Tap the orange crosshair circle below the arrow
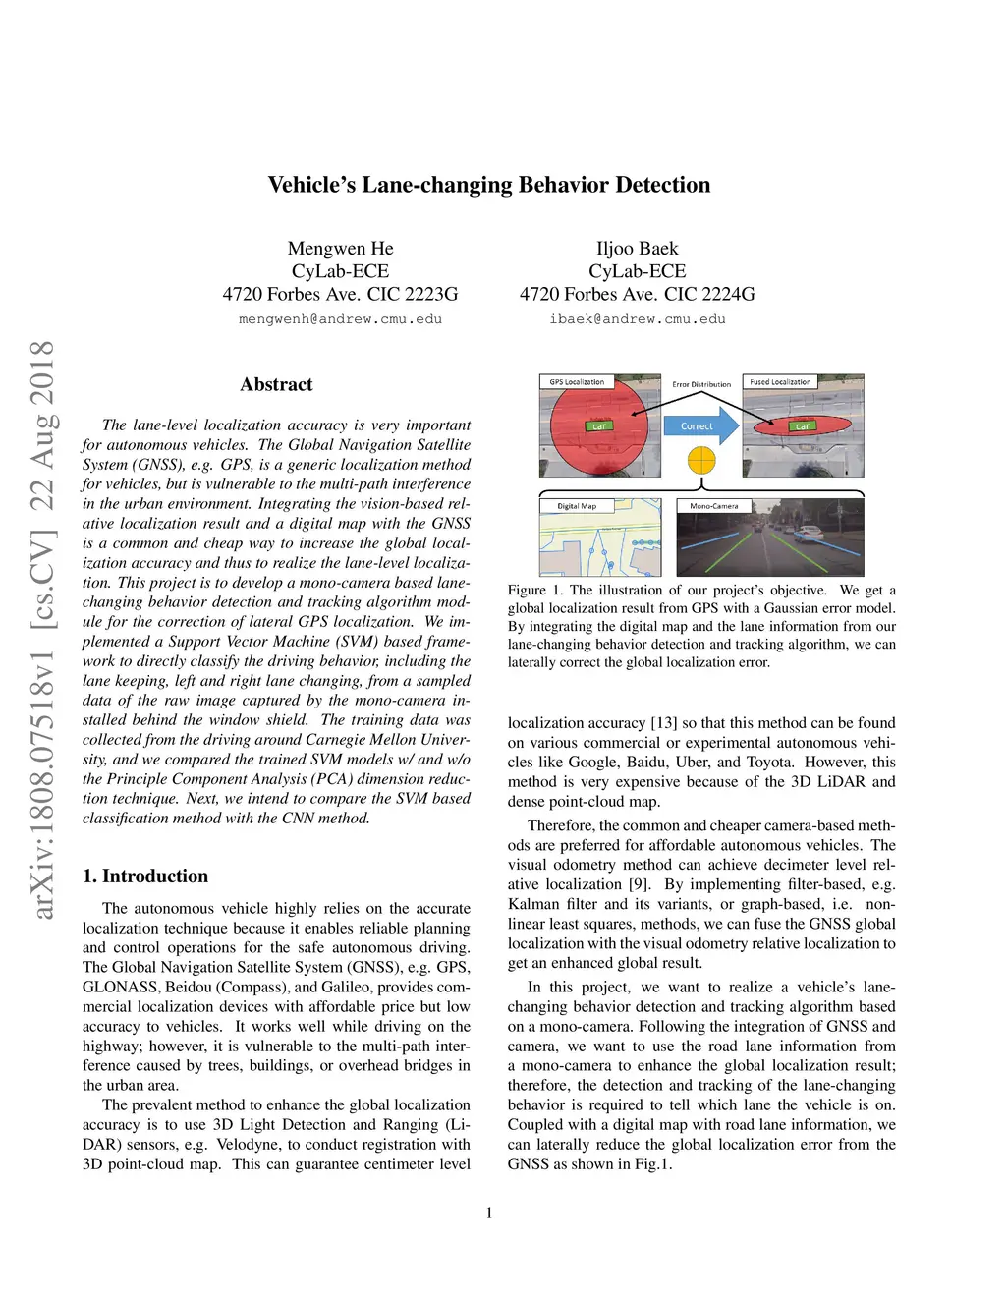pyautogui.click(x=701, y=459)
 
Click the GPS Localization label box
pyautogui.click(x=577, y=382)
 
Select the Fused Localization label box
pyautogui.click(x=780, y=382)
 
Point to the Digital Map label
pyautogui.click(x=577, y=506)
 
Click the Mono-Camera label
pyautogui.click(x=714, y=506)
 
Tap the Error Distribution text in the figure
pyautogui.click(x=701, y=384)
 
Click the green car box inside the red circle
pyautogui.click(x=598, y=426)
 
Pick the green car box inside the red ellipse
pyautogui.click(x=802, y=426)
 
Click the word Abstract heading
pyautogui.click(x=276, y=384)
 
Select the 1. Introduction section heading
pyautogui.click(x=145, y=876)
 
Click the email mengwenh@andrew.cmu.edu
pyautogui.click(x=340, y=319)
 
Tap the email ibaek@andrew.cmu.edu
pyautogui.click(x=638, y=319)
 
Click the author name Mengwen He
pyautogui.click(x=340, y=249)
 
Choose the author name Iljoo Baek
pyautogui.click(x=638, y=249)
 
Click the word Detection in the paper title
pyautogui.click(x=662, y=185)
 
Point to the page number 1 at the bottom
pyautogui.click(x=489, y=1213)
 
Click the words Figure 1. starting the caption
pyautogui.click(x=535, y=591)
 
